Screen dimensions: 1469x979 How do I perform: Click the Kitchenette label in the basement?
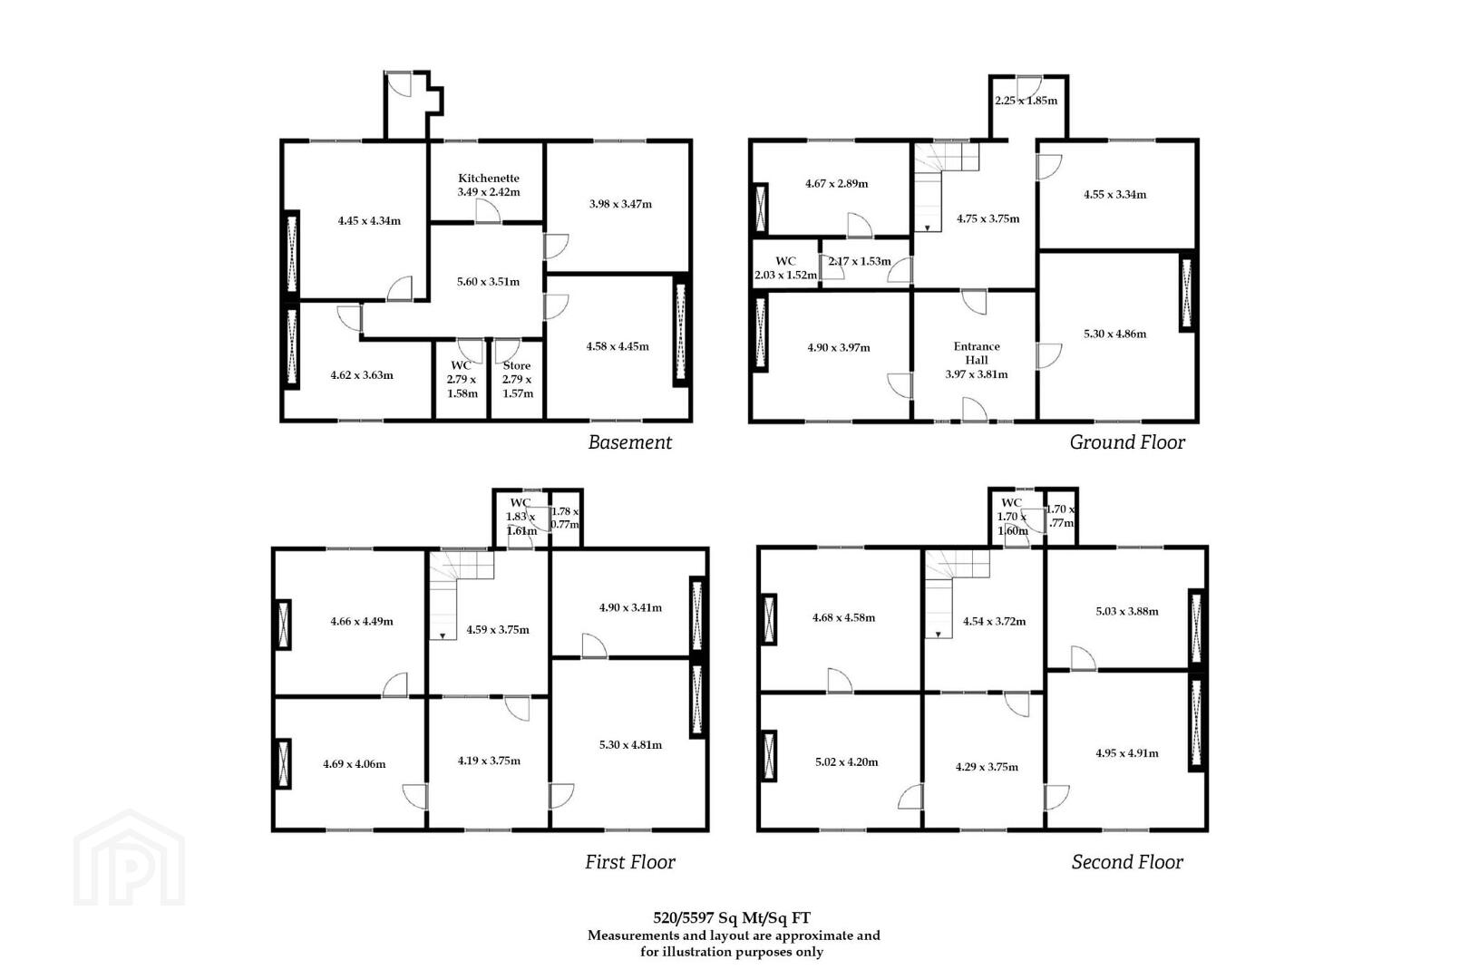(x=489, y=179)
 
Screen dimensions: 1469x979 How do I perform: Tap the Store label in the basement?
(x=517, y=366)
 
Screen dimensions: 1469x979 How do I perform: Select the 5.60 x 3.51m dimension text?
(x=489, y=282)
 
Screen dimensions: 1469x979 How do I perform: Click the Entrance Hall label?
(x=977, y=353)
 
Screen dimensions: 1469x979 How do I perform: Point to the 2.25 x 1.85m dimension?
(x=1026, y=101)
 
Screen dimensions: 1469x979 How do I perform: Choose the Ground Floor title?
(x=1127, y=442)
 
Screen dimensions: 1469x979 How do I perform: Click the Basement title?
(x=630, y=442)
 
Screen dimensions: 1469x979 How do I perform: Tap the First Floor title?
(x=630, y=862)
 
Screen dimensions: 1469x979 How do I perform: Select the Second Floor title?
(x=1127, y=862)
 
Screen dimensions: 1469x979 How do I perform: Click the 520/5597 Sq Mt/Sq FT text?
(x=732, y=918)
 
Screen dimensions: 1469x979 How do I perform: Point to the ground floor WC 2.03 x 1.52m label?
(x=785, y=268)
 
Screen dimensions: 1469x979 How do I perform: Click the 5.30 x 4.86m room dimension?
(x=1114, y=334)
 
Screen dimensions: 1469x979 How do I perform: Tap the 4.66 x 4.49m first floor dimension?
(x=362, y=622)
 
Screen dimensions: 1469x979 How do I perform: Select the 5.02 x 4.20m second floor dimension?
(x=847, y=762)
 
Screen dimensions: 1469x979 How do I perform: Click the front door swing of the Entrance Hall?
(x=975, y=409)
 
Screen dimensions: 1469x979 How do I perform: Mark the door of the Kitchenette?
(x=488, y=211)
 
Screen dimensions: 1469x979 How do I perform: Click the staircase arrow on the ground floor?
(x=928, y=228)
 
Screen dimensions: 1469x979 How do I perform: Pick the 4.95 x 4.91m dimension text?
(x=1126, y=753)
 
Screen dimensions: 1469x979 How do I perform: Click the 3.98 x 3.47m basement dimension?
(x=620, y=204)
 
